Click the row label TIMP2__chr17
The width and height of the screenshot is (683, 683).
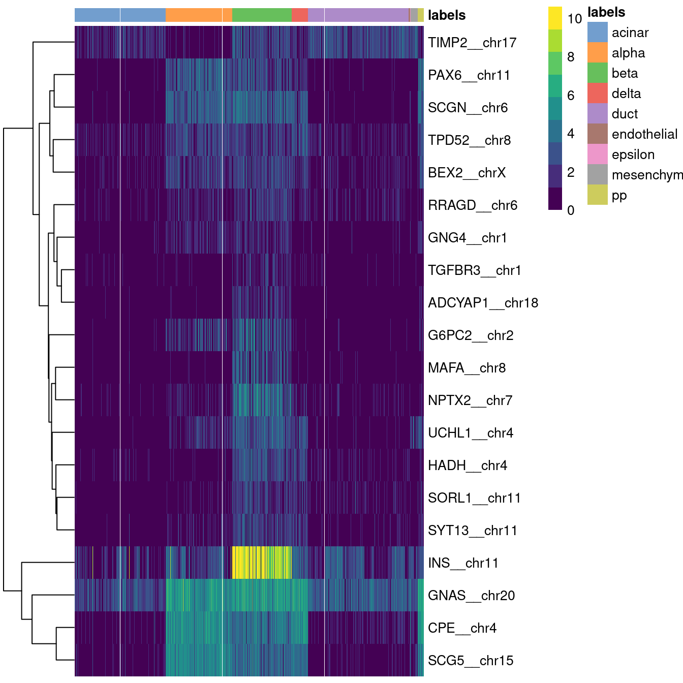tap(472, 43)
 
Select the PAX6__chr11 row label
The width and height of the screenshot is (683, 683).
tap(469, 75)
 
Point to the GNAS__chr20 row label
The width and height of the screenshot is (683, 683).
tap(471, 596)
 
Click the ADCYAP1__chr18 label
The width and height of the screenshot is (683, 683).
tap(483, 303)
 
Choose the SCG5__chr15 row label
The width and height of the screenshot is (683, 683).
tap(470, 661)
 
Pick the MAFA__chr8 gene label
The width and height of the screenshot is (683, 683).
tap(467, 368)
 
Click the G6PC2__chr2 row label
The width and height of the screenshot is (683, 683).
tap(470, 335)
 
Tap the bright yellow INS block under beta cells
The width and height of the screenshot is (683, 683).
tap(261, 563)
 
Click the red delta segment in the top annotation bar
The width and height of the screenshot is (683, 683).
tap(299, 15)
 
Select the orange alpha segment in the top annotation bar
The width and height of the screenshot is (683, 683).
tap(199, 15)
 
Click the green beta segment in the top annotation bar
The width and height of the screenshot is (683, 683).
tap(262, 15)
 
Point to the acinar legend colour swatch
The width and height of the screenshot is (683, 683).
tap(597, 33)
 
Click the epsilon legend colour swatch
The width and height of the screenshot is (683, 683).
tap(597, 154)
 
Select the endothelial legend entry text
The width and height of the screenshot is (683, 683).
tap(644, 134)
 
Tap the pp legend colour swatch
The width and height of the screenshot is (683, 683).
tap(597, 195)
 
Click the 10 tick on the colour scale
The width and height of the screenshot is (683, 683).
tap(574, 19)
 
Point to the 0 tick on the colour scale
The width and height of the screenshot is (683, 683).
tap(571, 210)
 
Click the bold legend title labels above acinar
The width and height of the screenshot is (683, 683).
tap(606, 12)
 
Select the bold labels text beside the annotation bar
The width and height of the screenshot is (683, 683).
tap(446, 15)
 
